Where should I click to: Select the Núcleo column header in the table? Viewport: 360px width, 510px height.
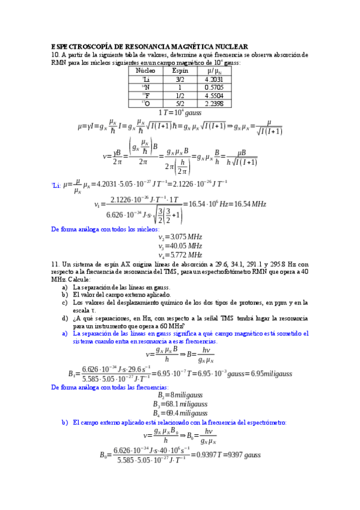point(145,70)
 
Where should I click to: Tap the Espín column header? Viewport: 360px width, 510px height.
point(180,70)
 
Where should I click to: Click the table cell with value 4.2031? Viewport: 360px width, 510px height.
point(215,79)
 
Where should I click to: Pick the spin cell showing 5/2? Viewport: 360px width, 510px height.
point(180,103)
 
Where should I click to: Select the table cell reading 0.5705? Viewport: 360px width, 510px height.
point(215,87)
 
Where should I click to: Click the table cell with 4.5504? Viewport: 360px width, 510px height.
point(215,95)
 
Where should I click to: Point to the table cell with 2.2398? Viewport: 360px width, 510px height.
point(215,103)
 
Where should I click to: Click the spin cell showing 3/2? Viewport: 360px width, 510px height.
point(180,79)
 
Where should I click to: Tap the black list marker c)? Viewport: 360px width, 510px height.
point(64,303)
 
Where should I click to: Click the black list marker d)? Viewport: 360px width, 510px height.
point(64,318)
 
